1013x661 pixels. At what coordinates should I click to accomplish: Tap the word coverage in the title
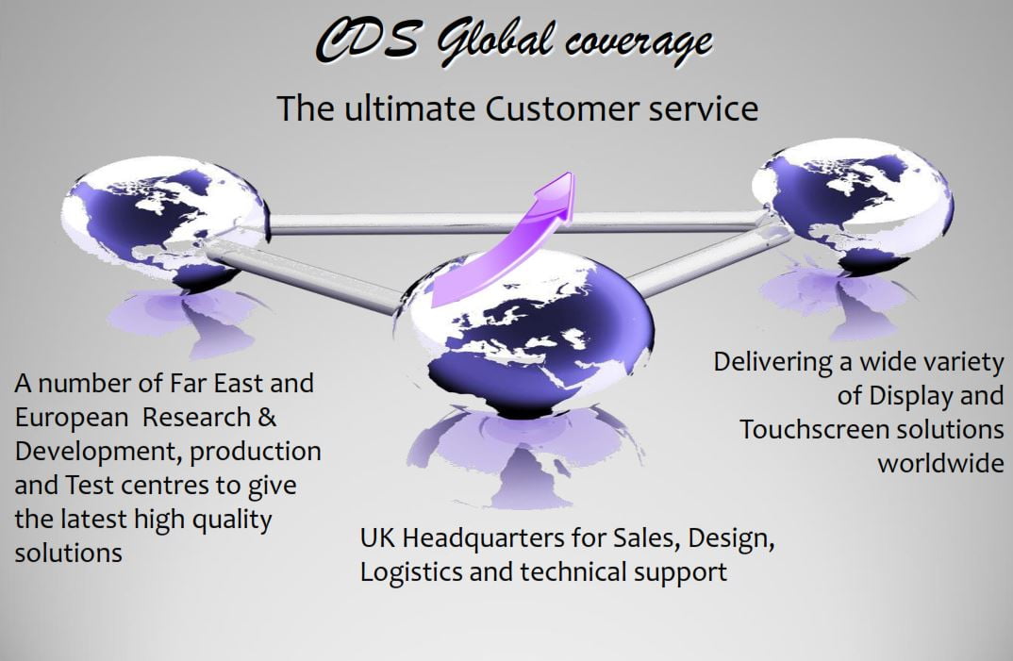point(639,43)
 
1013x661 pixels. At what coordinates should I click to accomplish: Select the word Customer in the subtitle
point(561,107)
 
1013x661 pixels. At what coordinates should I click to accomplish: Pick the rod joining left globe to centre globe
point(303,274)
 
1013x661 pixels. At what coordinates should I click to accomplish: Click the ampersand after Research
point(268,418)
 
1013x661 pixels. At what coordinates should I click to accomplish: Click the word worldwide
point(940,463)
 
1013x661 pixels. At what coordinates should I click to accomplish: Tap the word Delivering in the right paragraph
point(772,363)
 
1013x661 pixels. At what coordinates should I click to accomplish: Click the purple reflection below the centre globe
point(523,455)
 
